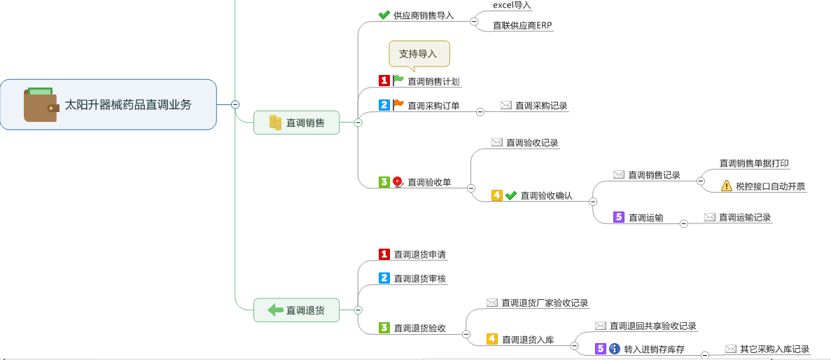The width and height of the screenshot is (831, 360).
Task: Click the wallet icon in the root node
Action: click(x=41, y=104)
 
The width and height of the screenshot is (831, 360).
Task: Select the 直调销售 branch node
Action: click(x=296, y=123)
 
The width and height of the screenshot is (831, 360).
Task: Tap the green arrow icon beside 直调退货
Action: click(x=276, y=310)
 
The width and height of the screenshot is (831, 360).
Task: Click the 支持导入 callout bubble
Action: click(x=419, y=54)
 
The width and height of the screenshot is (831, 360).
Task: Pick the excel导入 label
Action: click(x=512, y=6)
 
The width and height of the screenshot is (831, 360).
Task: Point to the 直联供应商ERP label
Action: click(x=522, y=26)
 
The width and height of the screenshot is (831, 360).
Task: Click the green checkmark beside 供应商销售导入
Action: click(x=384, y=15)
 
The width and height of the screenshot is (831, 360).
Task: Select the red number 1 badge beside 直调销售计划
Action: click(x=384, y=81)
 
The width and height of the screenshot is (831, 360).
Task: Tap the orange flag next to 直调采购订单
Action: click(x=398, y=105)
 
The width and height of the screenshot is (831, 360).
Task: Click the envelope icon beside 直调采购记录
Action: click(x=506, y=106)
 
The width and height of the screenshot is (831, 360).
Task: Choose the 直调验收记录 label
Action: click(x=532, y=143)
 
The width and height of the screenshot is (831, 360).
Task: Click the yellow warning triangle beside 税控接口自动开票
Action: click(x=726, y=186)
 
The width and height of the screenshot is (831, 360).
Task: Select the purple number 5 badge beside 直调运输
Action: click(x=618, y=217)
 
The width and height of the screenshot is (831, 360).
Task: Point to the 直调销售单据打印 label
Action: click(x=754, y=163)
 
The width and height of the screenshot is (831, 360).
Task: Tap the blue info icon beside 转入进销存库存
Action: click(x=615, y=349)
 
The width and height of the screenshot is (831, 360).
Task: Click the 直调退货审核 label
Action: click(x=420, y=278)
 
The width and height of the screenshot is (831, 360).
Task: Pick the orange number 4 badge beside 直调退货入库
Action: click(x=492, y=339)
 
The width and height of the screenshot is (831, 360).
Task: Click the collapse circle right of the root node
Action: click(x=235, y=104)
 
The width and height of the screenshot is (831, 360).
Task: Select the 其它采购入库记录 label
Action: click(x=774, y=349)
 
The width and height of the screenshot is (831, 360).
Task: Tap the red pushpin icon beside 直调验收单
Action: click(x=398, y=182)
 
